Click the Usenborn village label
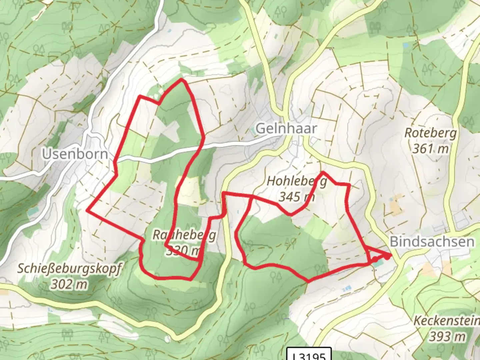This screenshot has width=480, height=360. (x=75, y=154)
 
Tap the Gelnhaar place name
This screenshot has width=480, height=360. (x=286, y=128)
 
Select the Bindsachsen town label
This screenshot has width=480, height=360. (x=432, y=242)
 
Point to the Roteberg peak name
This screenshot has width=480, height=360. (x=430, y=133)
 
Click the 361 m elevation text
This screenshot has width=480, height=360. (x=430, y=149)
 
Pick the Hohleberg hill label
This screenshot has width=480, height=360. (x=297, y=181)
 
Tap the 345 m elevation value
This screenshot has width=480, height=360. (x=297, y=197)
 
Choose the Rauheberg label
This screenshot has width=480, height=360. (x=184, y=235)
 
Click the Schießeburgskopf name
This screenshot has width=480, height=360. (x=70, y=268)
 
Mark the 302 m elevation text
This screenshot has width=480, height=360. (x=70, y=284)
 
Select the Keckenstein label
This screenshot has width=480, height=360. (x=446, y=321)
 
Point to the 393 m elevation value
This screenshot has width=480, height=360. (x=447, y=337)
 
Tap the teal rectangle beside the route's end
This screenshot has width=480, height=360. (x=378, y=264)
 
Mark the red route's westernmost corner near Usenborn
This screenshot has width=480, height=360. (x=87, y=210)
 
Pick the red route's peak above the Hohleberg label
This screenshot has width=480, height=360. (x=323, y=172)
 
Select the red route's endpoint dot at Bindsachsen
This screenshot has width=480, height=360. (x=387, y=257)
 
